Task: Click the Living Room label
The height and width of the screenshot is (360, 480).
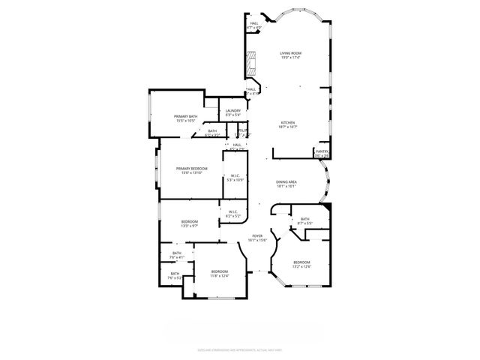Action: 290,53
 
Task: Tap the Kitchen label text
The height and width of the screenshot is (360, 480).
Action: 289,122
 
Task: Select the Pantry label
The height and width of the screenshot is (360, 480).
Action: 322,152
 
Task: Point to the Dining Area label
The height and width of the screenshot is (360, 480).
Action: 286,181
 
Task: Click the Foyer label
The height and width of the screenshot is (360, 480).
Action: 257,235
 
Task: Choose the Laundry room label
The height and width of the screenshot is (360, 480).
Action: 233,111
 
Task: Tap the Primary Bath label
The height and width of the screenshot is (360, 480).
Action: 185,116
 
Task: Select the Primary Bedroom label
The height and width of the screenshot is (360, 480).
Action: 191,169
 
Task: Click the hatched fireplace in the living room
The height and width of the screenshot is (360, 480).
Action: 251,64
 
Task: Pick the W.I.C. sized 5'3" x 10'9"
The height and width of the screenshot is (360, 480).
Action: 235,178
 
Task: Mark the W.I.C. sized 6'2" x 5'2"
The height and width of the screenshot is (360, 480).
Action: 233,213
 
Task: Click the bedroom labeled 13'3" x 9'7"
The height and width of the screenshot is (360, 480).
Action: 189,222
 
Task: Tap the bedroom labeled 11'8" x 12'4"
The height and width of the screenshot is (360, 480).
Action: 219,271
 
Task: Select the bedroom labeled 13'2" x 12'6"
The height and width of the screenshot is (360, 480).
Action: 301,262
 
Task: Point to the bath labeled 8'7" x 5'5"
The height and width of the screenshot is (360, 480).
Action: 305,220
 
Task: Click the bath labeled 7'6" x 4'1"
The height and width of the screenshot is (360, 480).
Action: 177,254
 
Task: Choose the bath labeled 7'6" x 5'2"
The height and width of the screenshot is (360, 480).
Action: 175,274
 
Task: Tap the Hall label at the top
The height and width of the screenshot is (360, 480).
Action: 254,23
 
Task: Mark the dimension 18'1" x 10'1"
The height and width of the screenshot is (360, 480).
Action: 286,186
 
